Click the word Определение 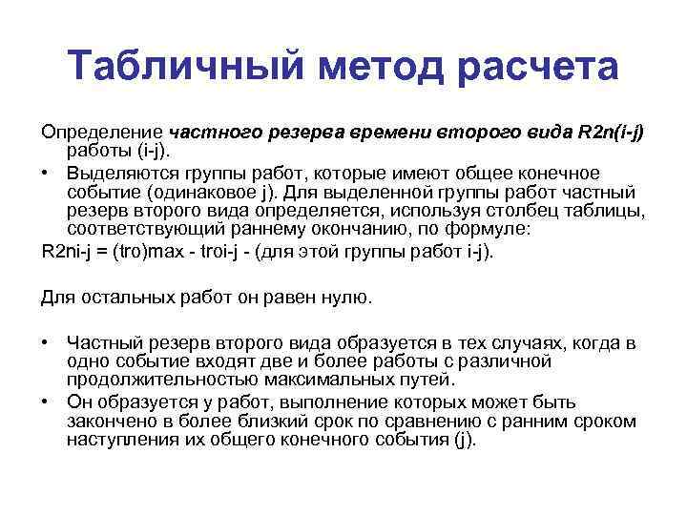tap(102, 133)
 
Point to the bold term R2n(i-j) tap(606, 133)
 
